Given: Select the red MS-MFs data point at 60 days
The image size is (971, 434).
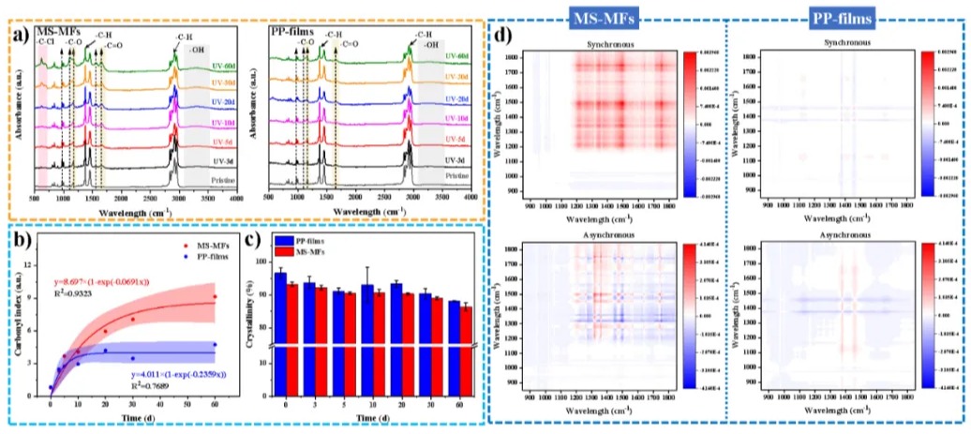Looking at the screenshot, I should (x=215, y=297).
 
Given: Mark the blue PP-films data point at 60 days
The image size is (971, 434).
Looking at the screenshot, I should (x=215, y=345).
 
